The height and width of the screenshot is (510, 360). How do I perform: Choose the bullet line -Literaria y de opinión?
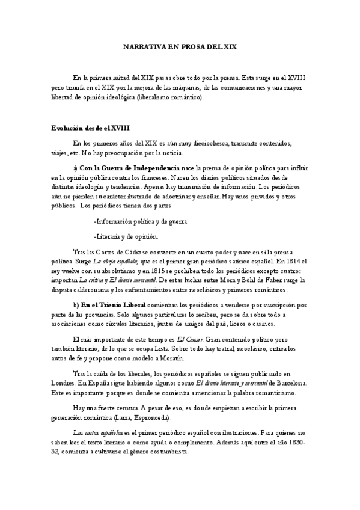pyautogui.click(x=126, y=236)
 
